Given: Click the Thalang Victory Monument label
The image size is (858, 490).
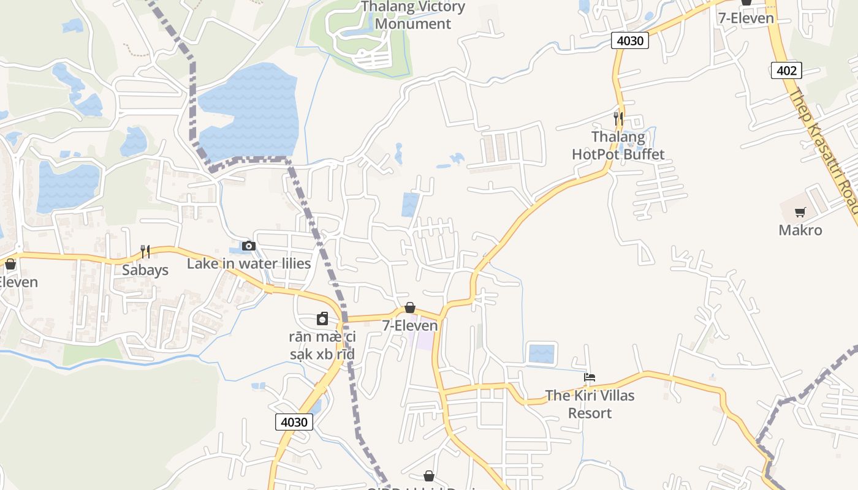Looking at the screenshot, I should click(x=413, y=15).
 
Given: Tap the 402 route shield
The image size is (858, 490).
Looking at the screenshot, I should click(x=786, y=70).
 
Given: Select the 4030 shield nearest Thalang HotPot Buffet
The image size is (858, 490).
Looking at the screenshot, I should click(x=630, y=41).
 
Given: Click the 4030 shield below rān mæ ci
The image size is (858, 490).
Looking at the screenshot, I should click(x=294, y=422).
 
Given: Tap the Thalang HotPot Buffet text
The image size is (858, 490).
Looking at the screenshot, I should click(x=618, y=145).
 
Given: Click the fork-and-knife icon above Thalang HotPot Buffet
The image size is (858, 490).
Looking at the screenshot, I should click(x=618, y=118).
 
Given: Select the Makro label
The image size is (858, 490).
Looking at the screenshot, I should click(x=800, y=230).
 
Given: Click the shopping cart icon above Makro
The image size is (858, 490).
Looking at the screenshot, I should click(x=800, y=213).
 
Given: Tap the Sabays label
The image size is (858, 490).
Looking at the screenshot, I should click(x=145, y=270).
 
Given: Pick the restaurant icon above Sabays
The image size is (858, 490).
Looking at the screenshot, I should click(x=145, y=251).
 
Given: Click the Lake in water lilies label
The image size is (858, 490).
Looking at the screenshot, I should click(x=249, y=264).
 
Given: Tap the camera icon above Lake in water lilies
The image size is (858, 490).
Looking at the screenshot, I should click(x=248, y=246).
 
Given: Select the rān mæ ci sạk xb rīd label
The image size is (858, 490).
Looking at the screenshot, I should click(x=322, y=345).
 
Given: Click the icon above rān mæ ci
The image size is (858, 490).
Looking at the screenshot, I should click(x=322, y=318).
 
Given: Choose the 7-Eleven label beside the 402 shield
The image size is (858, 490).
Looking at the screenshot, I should click(x=746, y=18).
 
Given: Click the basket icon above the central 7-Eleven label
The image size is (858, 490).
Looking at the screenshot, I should click(x=410, y=307).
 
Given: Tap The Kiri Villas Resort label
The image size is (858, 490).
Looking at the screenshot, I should click(x=590, y=404).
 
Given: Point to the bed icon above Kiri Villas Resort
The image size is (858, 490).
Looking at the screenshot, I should click(x=590, y=377).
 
